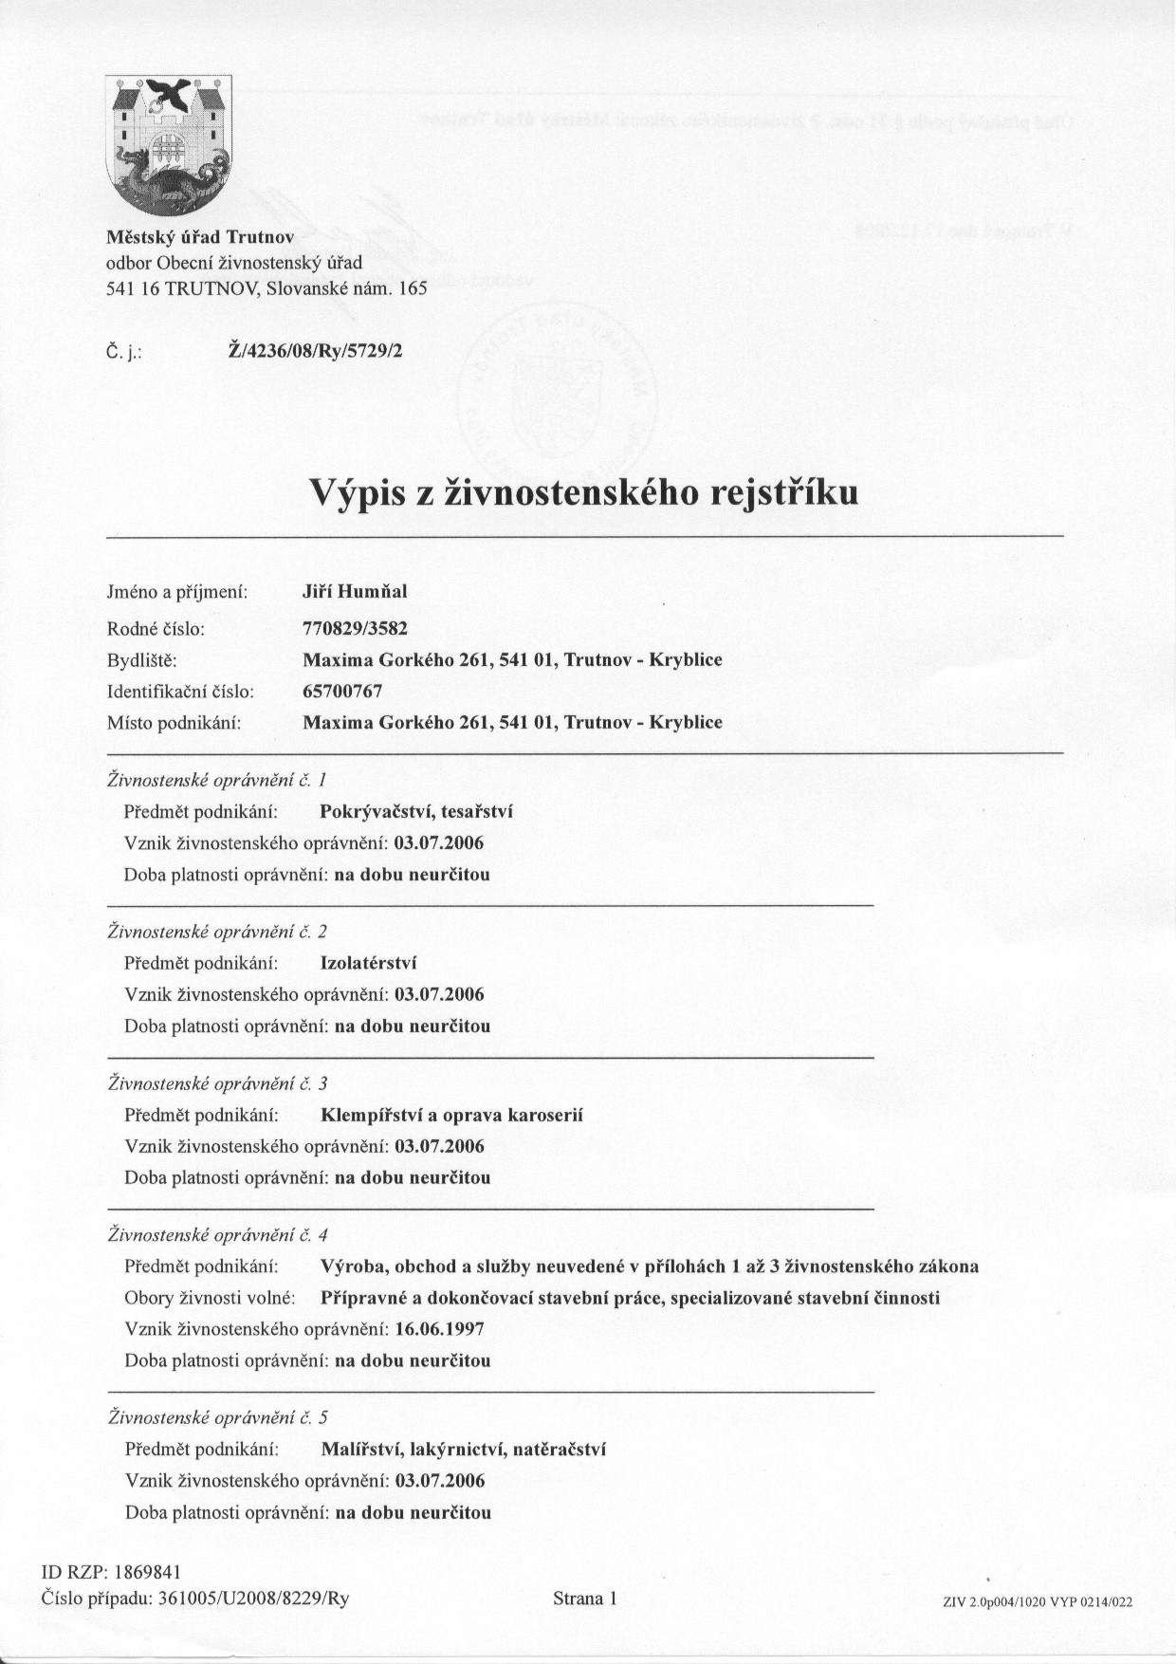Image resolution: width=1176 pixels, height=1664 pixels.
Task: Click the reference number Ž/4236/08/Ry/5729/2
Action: coord(316,351)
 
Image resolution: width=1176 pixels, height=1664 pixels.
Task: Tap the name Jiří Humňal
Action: coord(354,592)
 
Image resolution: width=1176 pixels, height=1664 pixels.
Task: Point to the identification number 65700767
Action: coord(342,691)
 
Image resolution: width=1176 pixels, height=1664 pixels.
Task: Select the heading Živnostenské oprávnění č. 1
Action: coord(217,780)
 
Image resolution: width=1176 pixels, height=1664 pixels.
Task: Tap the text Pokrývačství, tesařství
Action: coord(416,811)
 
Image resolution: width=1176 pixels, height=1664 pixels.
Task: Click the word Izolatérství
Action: coord(369,963)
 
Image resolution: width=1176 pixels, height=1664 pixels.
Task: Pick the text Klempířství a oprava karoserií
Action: coord(452,1115)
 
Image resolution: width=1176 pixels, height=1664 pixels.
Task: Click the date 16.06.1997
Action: coord(439,1329)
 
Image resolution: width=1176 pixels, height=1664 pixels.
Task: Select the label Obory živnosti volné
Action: coord(209,1298)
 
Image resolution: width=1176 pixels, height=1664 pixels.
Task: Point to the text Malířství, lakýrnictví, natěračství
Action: coord(464,1449)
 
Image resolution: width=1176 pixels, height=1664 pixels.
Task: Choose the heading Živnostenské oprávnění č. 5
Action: coord(218,1417)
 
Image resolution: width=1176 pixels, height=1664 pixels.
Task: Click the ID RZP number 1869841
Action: coord(147,1572)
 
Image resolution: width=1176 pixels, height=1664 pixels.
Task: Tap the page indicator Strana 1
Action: coord(585,1599)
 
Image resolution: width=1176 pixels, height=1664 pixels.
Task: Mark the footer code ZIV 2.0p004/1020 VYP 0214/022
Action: coord(1038,1601)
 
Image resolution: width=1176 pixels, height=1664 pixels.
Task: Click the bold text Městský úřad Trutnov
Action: coord(200,236)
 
